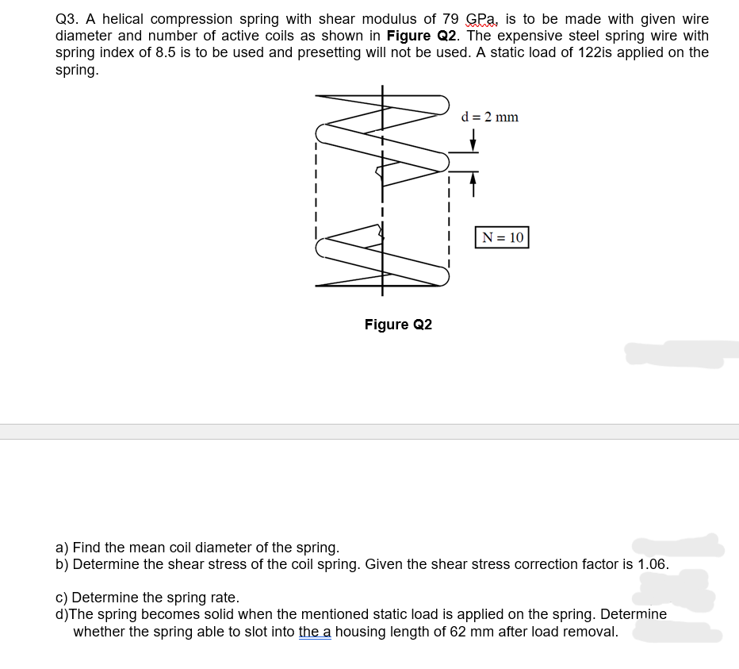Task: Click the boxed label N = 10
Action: (502, 237)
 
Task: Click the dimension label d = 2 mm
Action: (489, 117)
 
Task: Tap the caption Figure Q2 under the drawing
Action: (398, 325)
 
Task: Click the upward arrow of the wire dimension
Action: (473, 182)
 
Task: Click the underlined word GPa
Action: (482, 19)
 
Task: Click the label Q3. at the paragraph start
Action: (68, 19)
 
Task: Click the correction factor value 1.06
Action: (653, 564)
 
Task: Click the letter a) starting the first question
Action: (62, 548)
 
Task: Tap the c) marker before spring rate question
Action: (62, 598)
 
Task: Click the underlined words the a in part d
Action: (315, 632)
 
